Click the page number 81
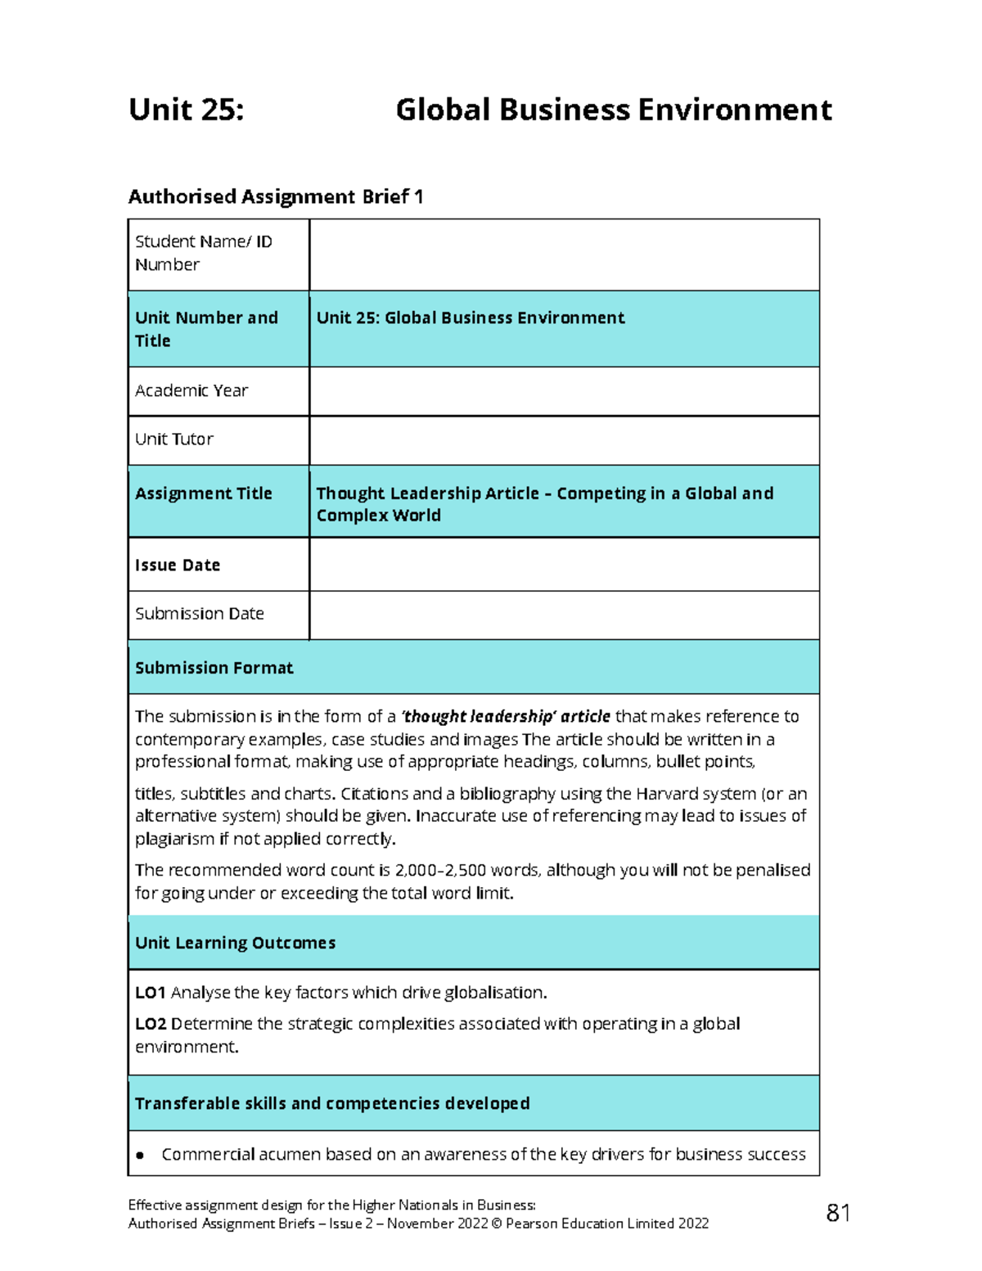pyautogui.click(x=838, y=1213)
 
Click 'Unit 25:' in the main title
pyautogui.click(x=187, y=110)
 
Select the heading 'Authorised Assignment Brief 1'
pyautogui.click(x=276, y=196)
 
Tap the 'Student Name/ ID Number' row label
pyautogui.click(x=203, y=253)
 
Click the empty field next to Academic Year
pyautogui.click(x=564, y=391)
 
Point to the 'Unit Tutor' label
pyautogui.click(x=174, y=439)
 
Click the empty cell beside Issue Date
pyautogui.click(x=564, y=565)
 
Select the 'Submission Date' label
pyautogui.click(x=200, y=614)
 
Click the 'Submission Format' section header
pyautogui.click(x=214, y=668)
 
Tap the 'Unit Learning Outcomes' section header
pyautogui.click(x=236, y=943)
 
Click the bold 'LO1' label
pyautogui.click(x=151, y=993)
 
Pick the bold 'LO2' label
pyautogui.click(x=151, y=1024)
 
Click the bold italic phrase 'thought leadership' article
pyautogui.click(x=506, y=717)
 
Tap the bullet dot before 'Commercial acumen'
pyautogui.click(x=141, y=1156)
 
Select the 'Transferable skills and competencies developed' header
pyautogui.click(x=332, y=1103)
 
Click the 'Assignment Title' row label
pyautogui.click(x=204, y=494)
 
